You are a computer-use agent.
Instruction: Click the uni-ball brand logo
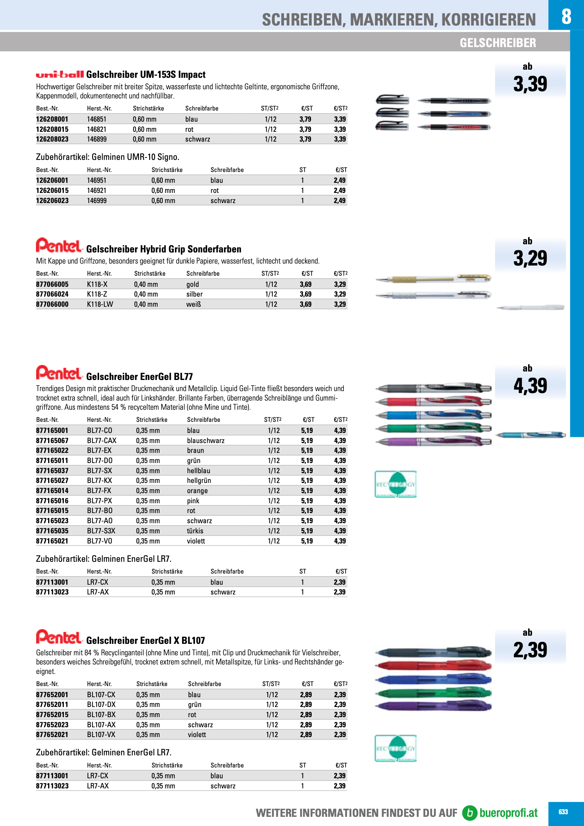(x=60, y=75)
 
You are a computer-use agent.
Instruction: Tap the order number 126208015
(x=52, y=129)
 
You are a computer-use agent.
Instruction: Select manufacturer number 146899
(x=97, y=139)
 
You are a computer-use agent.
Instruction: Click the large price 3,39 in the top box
(x=530, y=84)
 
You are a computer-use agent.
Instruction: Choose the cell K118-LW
(x=100, y=304)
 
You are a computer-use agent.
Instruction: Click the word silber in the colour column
(x=194, y=294)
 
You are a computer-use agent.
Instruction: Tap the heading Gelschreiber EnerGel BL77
(x=140, y=377)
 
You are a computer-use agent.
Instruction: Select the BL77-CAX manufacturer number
(x=102, y=441)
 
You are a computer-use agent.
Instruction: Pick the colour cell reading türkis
(x=195, y=531)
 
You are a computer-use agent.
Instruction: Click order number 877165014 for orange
(x=52, y=491)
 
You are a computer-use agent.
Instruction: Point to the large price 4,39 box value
(x=530, y=386)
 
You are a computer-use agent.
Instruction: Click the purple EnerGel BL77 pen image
(x=433, y=441)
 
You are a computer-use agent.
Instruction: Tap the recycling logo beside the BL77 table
(x=395, y=484)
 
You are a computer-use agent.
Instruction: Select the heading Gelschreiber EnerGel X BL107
(x=146, y=641)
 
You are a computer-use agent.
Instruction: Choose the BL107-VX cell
(x=101, y=735)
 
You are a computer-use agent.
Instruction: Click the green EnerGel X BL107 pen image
(x=433, y=693)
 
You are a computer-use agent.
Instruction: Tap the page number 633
(x=563, y=812)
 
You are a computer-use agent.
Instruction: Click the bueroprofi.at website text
(x=508, y=813)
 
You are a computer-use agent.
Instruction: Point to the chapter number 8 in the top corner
(x=566, y=16)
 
